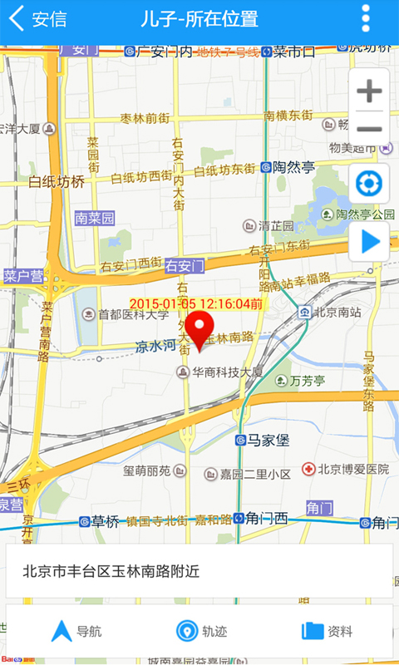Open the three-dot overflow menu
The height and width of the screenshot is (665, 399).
(366, 19)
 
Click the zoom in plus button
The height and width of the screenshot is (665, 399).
(369, 91)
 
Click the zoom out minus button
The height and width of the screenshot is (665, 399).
(369, 129)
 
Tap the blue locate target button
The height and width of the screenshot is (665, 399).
(369, 184)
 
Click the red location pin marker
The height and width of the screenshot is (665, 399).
(198, 330)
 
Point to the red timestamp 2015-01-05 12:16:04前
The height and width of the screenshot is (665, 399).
(196, 304)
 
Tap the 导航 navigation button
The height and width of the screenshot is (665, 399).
(76, 631)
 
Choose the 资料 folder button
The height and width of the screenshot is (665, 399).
(327, 631)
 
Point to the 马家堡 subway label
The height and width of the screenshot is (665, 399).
(266, 440)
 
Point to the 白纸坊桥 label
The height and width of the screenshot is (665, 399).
(57, 181)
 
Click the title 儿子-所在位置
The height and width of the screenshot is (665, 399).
(199, 19)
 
